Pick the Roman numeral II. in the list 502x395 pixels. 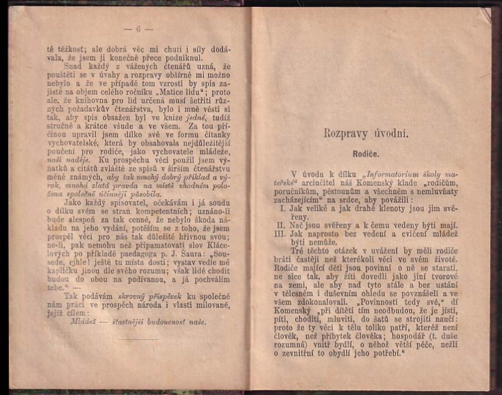point(282,226)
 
